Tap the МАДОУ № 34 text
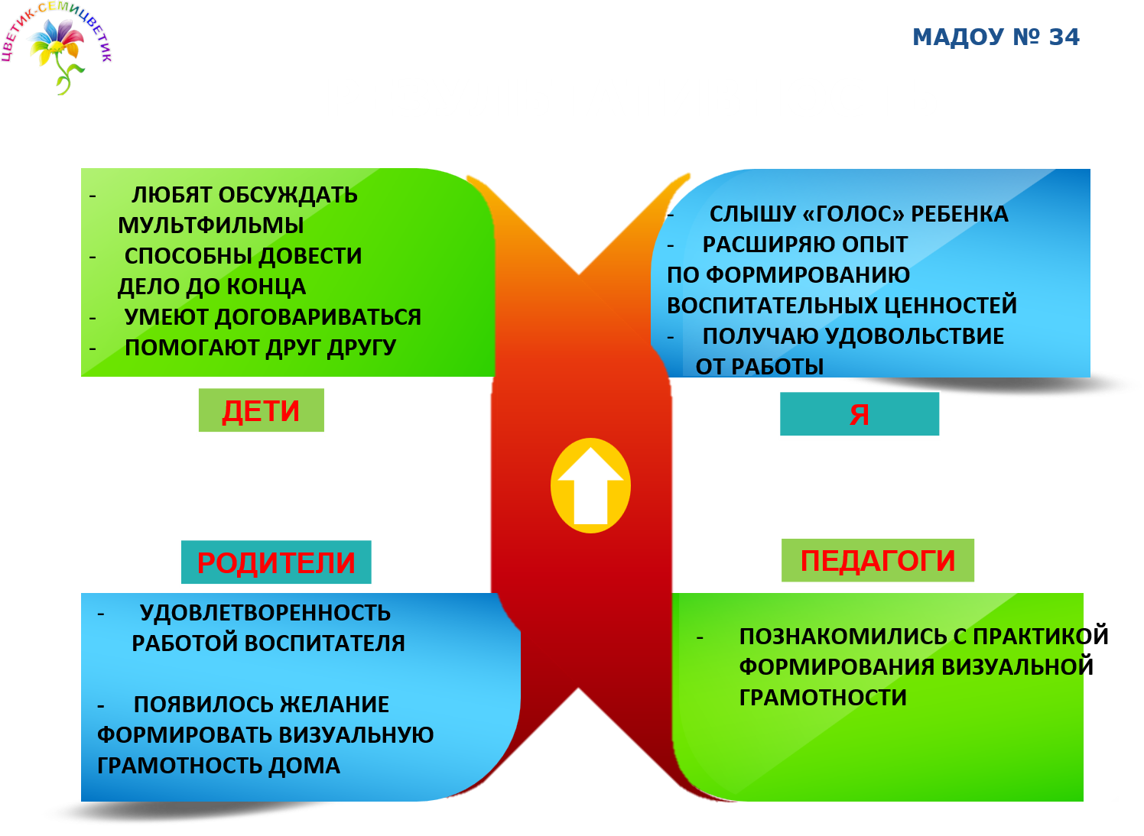996,37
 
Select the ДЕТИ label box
261,411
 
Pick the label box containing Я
860,415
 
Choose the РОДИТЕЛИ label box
276,563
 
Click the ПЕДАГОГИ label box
878,561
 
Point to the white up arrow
590,486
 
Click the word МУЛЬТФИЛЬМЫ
210,225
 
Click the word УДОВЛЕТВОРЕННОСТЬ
265,613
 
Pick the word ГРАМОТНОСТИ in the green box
823,698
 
